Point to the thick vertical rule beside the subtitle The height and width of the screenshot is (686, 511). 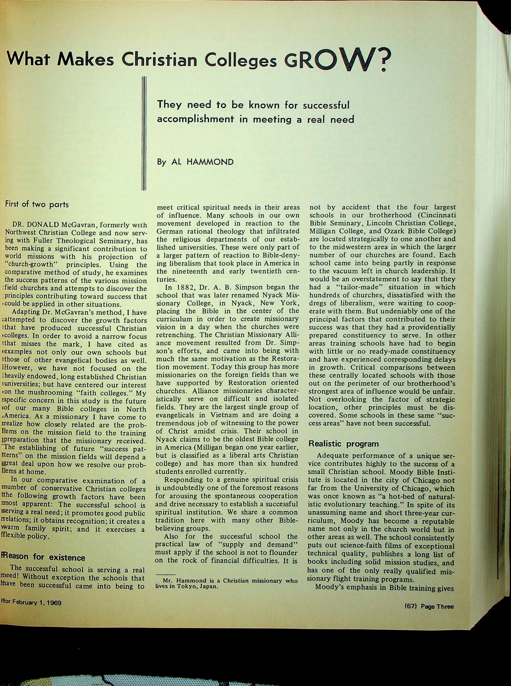click(x=144, y=133)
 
